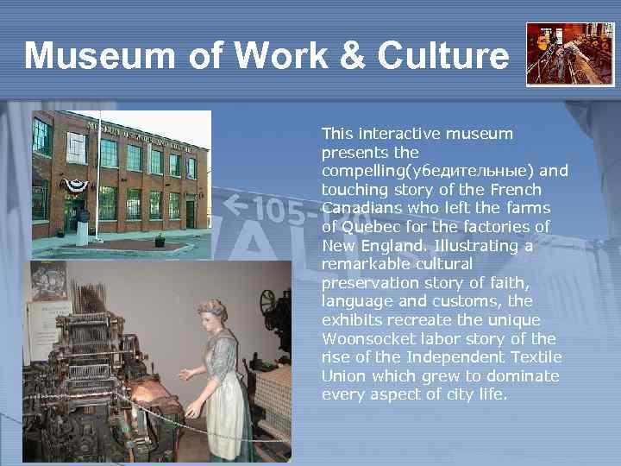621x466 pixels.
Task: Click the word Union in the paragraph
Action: [343, 376]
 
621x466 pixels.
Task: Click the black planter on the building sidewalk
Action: [159, 242]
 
